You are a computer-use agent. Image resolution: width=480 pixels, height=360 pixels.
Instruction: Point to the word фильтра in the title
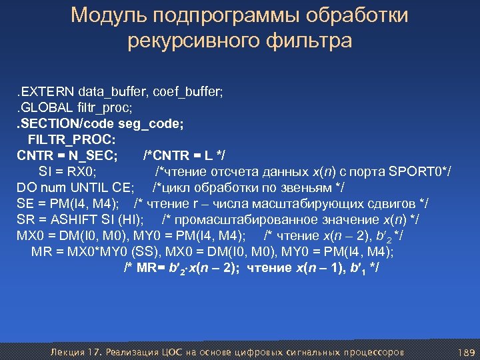pyautogui.click(x=309, y=42)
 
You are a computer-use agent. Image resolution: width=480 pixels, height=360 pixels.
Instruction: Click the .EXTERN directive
pyautogui.click(x=45, y=90)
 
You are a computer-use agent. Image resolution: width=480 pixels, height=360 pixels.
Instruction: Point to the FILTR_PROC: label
pyautogui.click(x=71, y=139)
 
